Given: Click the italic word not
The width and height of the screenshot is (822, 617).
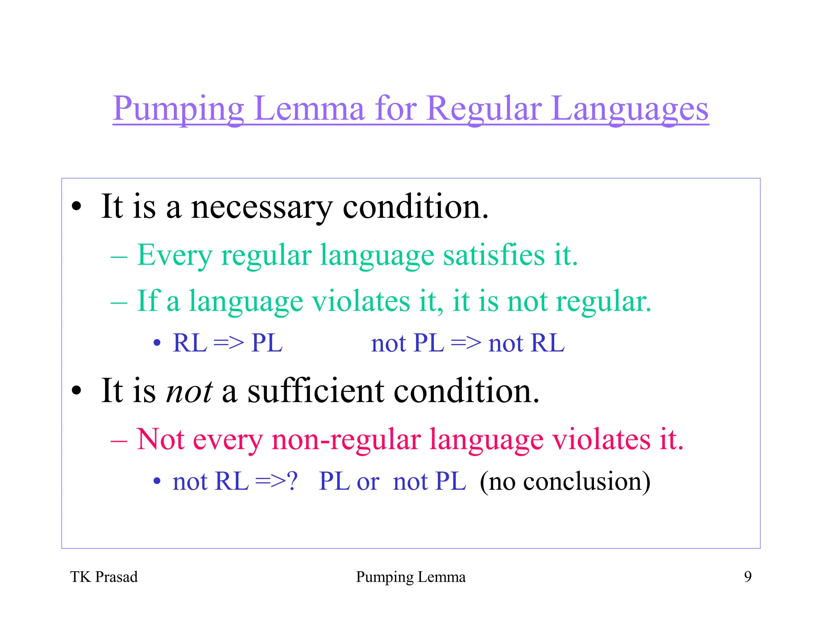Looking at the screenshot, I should [x=189, y=391].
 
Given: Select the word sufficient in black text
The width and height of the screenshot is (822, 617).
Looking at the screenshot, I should [x=315, y=391].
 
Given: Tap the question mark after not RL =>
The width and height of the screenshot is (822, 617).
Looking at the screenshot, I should [x=292, y=481].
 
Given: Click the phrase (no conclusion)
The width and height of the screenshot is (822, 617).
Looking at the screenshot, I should [x=565, y=481].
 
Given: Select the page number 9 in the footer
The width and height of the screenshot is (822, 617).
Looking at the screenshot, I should [x=748, y=577].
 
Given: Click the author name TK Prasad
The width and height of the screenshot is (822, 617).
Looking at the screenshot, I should [x=104, y=577].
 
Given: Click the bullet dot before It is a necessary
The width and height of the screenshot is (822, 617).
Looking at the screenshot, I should [x=76, y=207].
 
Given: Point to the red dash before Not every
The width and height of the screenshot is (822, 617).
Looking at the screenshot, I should [x=119, y=441].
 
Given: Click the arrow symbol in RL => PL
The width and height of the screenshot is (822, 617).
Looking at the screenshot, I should [x=228, y=343].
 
